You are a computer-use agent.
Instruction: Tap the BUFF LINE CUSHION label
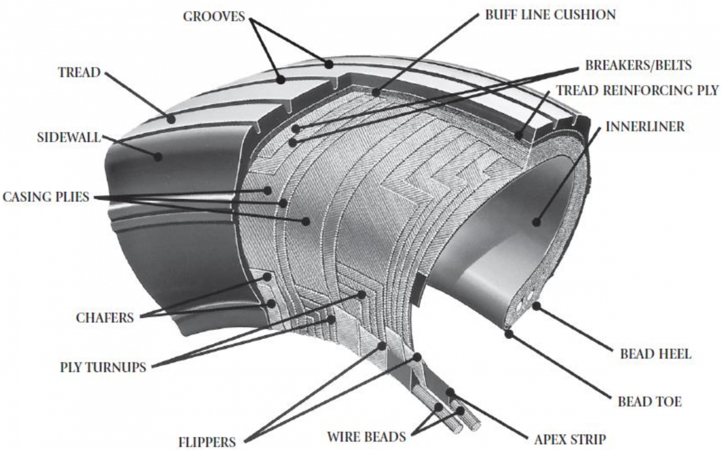point(550,15)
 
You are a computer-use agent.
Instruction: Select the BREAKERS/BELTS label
point(638,64)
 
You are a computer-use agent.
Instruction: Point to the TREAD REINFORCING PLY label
point(637,91)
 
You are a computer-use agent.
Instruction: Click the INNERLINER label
point(645,127)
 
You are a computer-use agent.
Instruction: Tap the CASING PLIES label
point(46,197)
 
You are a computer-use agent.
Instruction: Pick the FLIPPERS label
point(207,442)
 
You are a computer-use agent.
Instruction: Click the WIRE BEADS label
point(366,436)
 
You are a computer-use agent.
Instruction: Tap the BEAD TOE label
point(650,401)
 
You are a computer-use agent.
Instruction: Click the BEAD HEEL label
point(656,353)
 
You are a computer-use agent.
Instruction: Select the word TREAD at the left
point(80,73)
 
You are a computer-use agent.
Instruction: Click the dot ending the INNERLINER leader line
point(537,222)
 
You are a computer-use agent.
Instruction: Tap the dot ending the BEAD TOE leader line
point(509,332)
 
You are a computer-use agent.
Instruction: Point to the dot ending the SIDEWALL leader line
point(158,156)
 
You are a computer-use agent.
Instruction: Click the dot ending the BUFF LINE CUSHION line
point(376,93)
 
